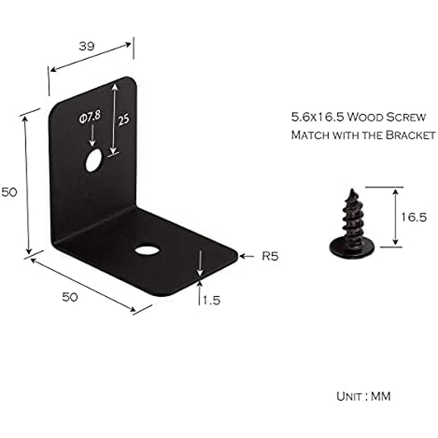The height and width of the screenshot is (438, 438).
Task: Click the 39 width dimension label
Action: (87, 47)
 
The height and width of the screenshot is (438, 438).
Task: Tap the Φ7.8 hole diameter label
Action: (89, 117)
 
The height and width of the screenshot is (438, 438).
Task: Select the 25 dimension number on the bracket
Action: (123, 119)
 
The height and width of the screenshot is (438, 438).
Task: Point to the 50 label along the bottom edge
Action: (69, 297)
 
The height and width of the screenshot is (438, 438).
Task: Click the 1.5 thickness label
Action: (211, 300)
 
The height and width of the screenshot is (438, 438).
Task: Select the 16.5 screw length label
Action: (413, 217)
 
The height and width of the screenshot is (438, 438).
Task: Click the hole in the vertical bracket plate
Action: (94, 160)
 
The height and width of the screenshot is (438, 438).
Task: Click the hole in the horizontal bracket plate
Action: (147, 250)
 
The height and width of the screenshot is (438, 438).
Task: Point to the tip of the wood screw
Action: (350, 192)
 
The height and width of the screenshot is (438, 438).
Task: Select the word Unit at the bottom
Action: (349, 396)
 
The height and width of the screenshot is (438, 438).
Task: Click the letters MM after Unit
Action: (381, 396)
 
